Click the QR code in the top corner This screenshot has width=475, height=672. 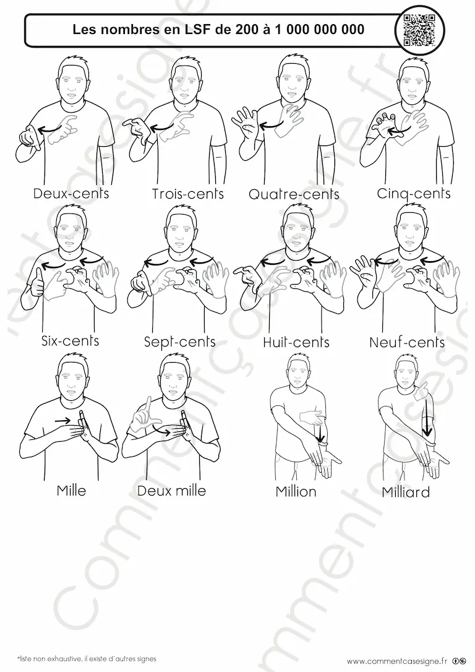point(420,30)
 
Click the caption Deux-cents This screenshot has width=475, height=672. point(71,193)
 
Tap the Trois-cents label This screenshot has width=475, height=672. point(187,194)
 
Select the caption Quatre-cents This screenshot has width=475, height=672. point(294,194)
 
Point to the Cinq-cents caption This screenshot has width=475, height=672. point(414,193)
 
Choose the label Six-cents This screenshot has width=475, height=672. point(71,341)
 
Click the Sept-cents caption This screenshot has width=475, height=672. point(179,342)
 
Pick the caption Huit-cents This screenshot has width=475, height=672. point(296,342)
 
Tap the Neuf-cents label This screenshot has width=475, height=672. point(407,342)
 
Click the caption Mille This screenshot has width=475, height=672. point(72,490)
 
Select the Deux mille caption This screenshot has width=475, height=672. point(171,490)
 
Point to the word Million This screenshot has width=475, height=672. point(296,491)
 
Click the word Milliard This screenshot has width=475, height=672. point(406,492)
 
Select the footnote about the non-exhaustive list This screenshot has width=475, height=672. point(87,659)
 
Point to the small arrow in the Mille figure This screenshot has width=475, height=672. point(62,420)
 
